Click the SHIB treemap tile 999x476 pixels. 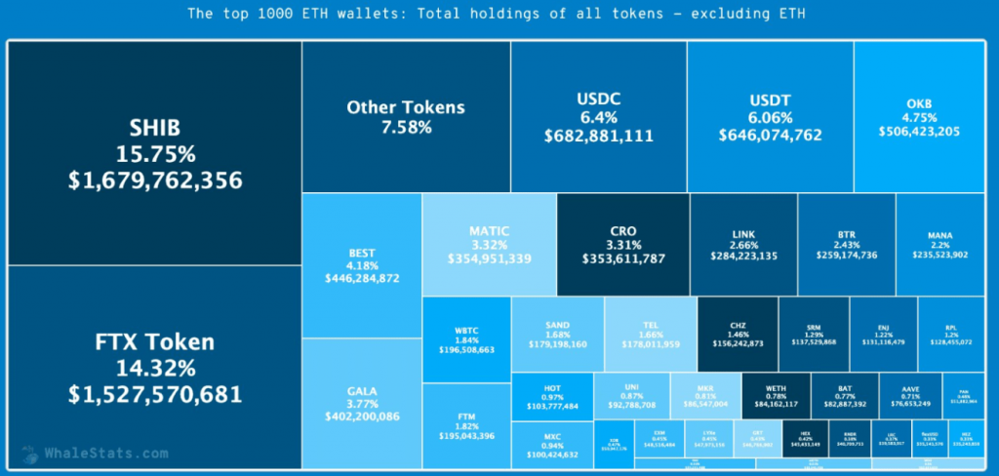pos(155,154)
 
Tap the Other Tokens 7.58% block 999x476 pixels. pos(406,116)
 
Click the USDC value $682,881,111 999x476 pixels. pos(599,136)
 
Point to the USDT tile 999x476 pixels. pos(770,116)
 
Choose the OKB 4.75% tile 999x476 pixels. pos(919,116)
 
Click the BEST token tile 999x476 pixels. pos(361,265)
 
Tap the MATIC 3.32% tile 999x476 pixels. pos(489,245)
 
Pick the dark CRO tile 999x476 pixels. pos(622,245)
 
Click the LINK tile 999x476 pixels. pos(742,245)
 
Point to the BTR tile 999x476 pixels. pos(847,245)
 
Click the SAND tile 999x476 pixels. pos(557,334)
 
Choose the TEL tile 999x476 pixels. pos(650,334)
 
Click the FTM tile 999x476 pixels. pos(466,426)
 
